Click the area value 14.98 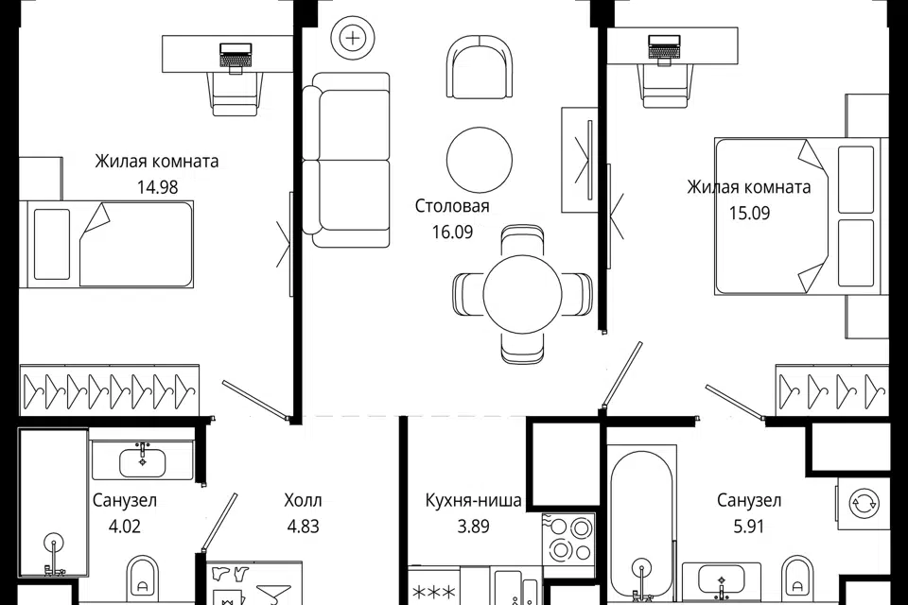157,187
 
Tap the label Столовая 452,205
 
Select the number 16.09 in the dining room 452,232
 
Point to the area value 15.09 749,213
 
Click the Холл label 303,500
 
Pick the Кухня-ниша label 474,500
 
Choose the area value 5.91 749,527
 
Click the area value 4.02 125,527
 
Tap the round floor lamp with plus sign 352,39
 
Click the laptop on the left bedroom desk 236,57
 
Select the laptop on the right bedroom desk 664,47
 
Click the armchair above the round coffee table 480,67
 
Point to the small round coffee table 480,160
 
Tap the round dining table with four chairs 522,294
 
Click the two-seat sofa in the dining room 346,161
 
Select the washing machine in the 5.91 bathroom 863,503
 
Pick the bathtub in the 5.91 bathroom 641,525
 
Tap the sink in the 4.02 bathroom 143,461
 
